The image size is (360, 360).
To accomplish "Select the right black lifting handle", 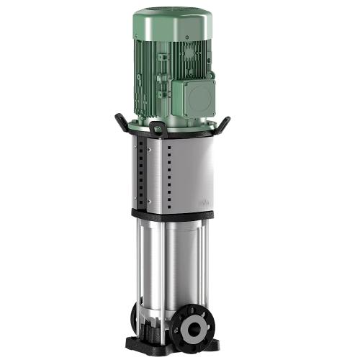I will pyautogui.click(x=225, y=123).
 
